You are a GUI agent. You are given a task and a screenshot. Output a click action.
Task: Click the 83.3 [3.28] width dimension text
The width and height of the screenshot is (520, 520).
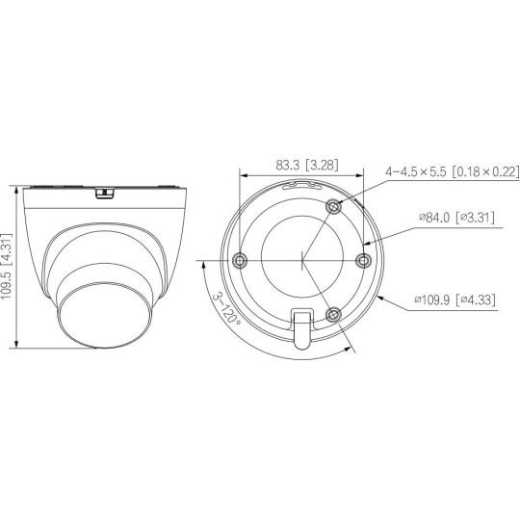point(301,165)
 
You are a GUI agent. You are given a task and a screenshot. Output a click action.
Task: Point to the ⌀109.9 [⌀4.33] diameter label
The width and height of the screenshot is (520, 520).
point(456,299)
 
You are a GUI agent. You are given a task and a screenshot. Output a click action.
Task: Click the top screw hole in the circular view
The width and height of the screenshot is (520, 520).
point(333,206)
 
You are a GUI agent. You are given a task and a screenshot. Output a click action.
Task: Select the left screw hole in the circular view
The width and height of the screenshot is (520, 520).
point(240,260)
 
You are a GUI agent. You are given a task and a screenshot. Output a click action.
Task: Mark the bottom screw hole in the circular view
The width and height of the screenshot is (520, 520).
point(333,314)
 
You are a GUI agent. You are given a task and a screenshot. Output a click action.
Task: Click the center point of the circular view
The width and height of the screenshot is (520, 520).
point(302,260)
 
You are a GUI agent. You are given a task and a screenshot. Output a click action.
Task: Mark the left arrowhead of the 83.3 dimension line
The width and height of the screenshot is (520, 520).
point(243,176)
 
